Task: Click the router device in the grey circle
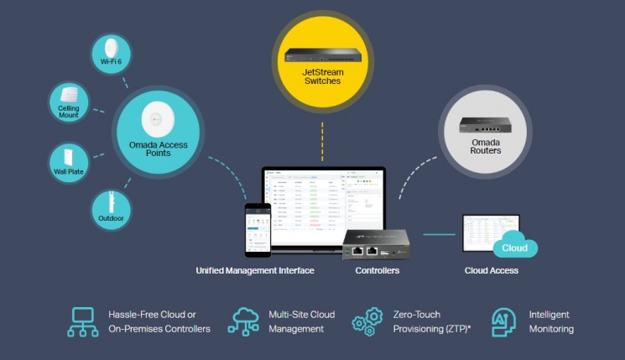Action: [485, 127]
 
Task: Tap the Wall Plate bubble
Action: [66, 163]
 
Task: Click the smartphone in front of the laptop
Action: [258, 229]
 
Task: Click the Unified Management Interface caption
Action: [255, 271]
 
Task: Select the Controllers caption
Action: [378, 271]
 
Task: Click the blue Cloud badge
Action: [513, 248]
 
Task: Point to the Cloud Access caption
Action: [491, 271]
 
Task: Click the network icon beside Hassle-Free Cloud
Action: [83, 321]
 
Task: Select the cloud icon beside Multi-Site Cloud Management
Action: [243, 321]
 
